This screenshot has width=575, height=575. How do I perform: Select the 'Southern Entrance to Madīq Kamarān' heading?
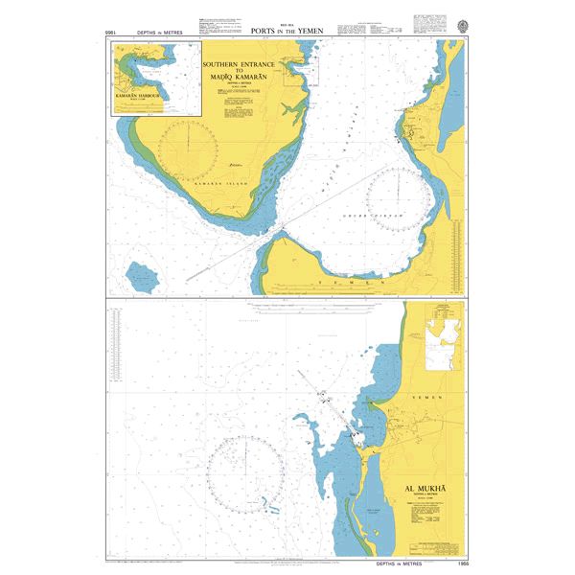pyautogui.click(x=239, y=69)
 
